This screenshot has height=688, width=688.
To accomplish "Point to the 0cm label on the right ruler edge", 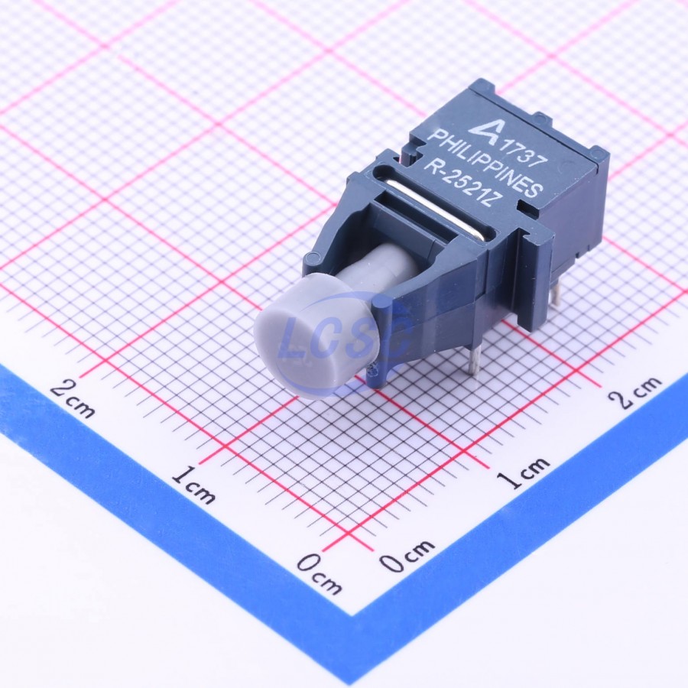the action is pos(407,556).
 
